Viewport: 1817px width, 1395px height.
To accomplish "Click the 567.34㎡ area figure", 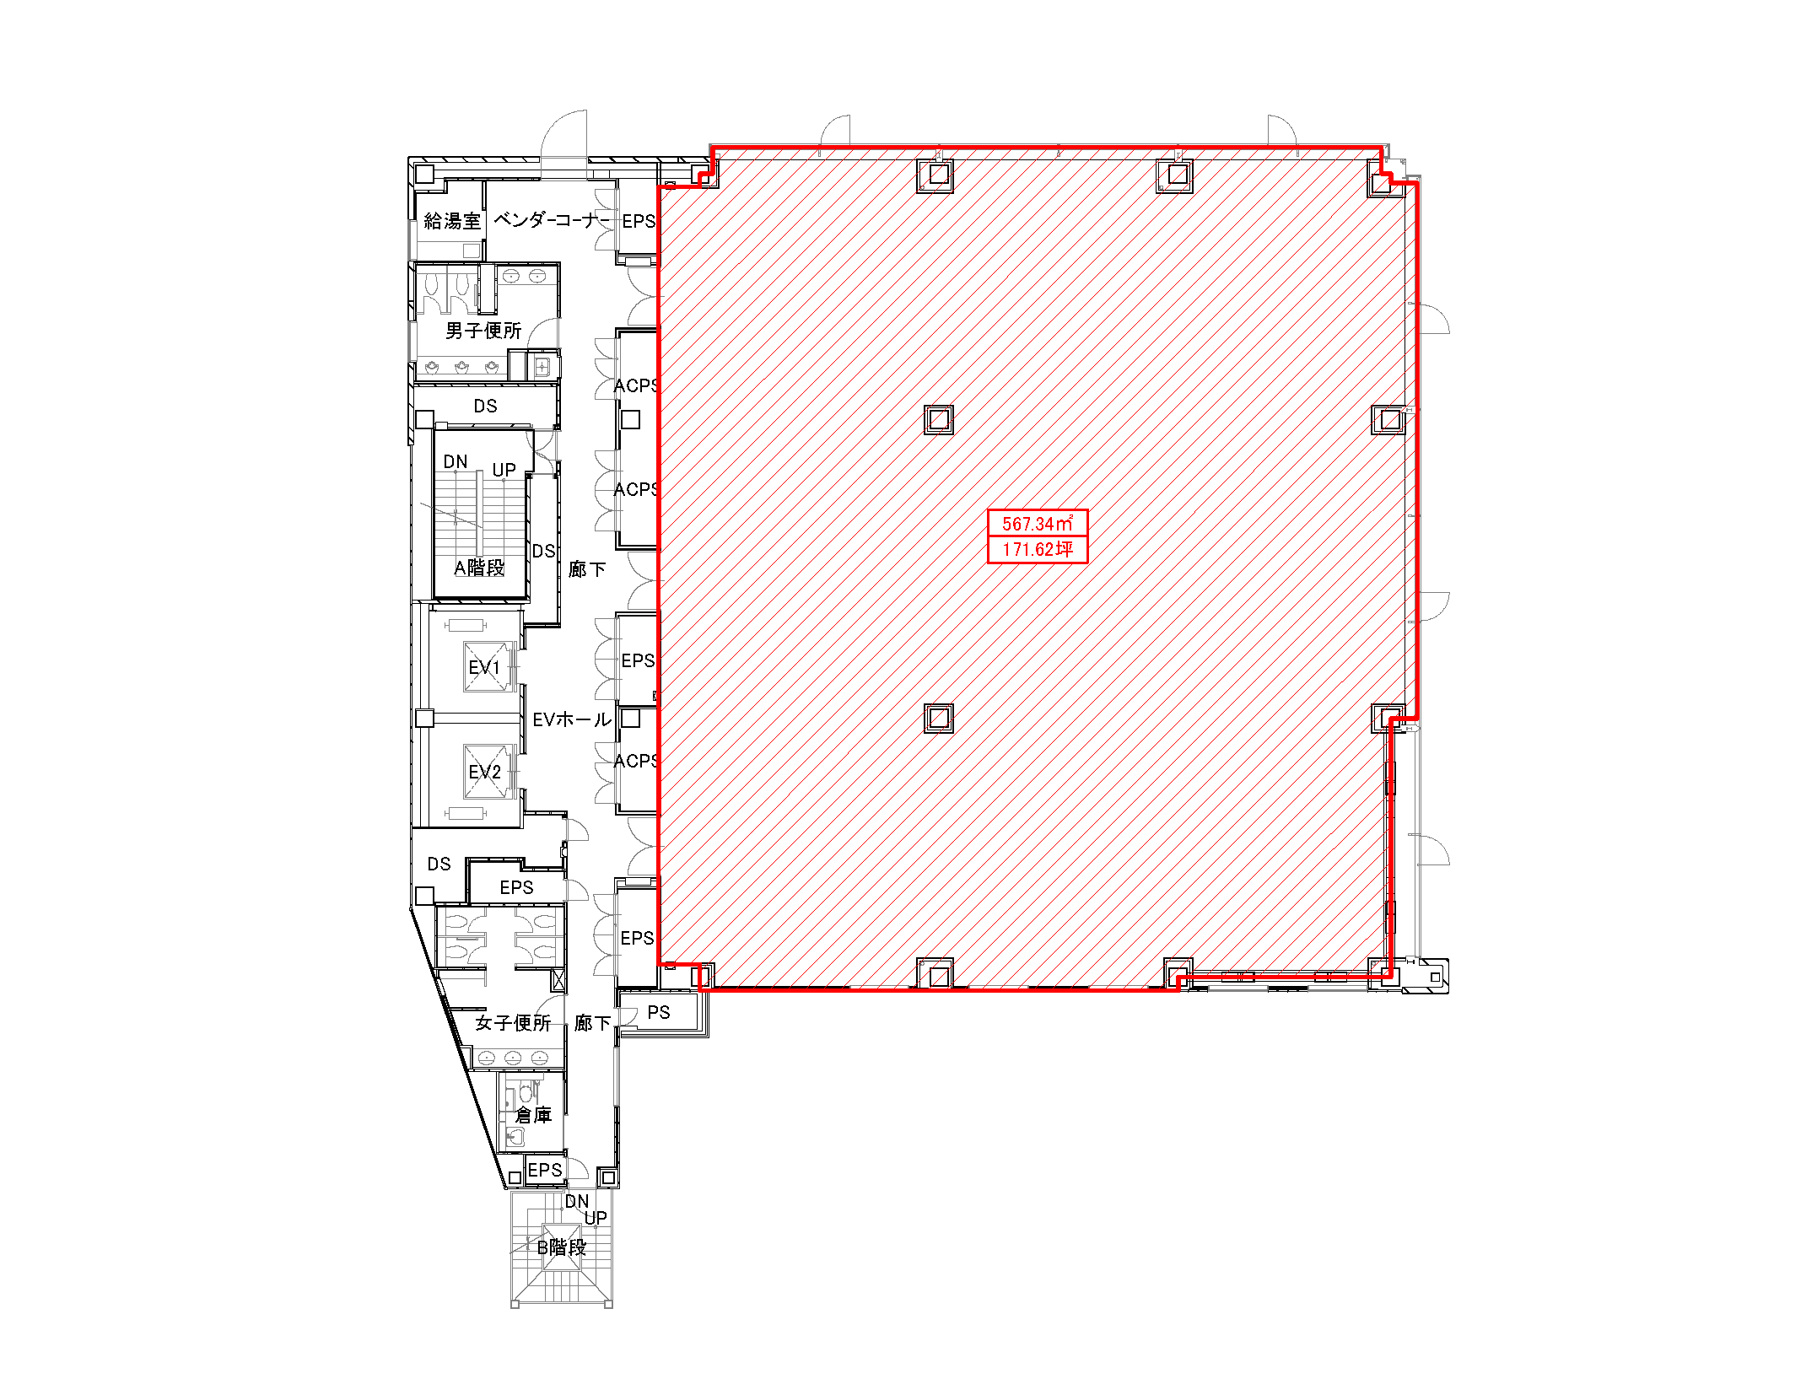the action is point(1038,523).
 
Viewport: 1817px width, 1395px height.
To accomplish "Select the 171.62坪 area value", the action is point(1038,549).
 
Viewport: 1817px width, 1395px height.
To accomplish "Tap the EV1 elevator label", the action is point(484,667).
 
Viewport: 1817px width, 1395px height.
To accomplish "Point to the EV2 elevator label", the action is point(484,772).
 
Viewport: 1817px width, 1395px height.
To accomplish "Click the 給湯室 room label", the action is point(452,221).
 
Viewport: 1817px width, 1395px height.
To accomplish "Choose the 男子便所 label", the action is point(483,331).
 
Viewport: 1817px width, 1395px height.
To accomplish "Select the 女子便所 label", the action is point(513,1023).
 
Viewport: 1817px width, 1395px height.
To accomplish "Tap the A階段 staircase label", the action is point(479,568).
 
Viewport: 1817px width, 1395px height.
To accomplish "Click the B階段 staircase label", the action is point(562,1247).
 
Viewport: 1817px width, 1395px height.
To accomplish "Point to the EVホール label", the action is point(572,719).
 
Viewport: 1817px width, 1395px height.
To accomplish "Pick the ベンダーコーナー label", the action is point(552,220).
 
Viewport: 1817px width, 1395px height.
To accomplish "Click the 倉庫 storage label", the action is point(533,1115).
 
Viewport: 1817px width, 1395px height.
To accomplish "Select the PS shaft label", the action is point(659,1012).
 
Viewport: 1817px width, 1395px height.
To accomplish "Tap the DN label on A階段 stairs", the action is point(456,461).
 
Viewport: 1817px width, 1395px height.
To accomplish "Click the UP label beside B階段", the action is point(596,1218).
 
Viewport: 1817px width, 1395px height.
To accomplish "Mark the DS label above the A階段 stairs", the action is point(485,406).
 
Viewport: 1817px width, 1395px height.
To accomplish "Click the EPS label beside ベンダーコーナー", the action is point(639,221).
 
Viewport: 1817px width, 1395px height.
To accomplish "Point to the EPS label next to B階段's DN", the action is point(545,1170).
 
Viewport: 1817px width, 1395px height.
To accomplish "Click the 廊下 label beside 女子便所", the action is point(592,1023).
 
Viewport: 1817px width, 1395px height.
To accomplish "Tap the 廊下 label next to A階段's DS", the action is point(587,569).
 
